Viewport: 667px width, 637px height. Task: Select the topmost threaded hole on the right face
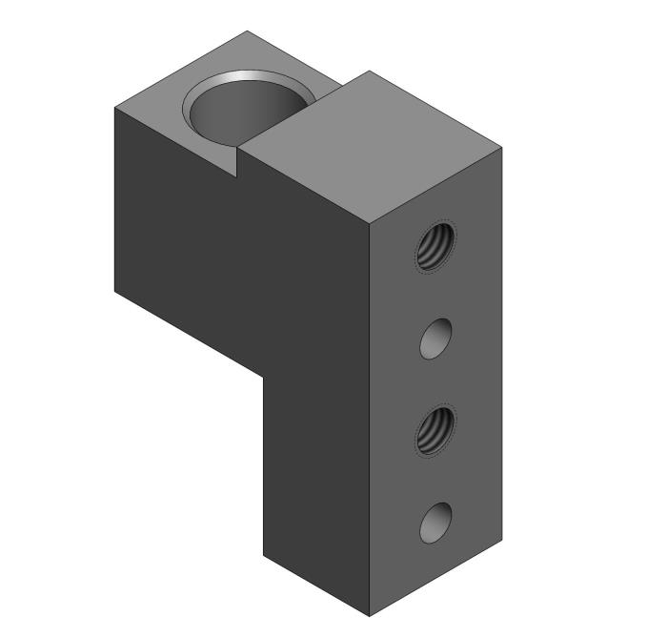tap(436, 246)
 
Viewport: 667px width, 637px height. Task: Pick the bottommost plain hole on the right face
tap(435, 523)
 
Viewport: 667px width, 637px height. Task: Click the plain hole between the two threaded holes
tap(435, 339)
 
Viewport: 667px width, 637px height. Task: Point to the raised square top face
tap(371, 143)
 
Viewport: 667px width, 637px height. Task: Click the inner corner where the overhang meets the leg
tap(264, 376)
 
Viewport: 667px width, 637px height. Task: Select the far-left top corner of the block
tap(114, 107)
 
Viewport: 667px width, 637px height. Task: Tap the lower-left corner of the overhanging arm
tap(114, 289)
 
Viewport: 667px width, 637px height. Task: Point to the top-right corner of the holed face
tap(501, 146)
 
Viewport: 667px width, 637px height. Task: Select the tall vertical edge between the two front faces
tap(370, 410)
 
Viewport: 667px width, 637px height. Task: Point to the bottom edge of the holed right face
tap(435, 579)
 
